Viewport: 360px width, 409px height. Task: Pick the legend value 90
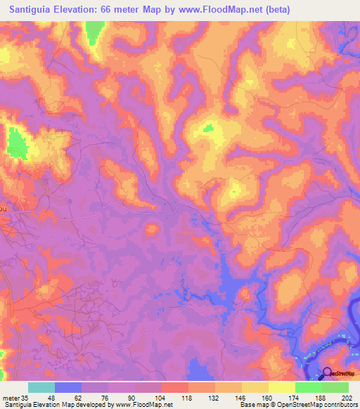pos(131,398)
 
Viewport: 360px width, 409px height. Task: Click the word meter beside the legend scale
pos(11,398)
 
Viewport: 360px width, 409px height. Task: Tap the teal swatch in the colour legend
pos(41,387)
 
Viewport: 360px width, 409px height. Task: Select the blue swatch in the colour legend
pos(67,387)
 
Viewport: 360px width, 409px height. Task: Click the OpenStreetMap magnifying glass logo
pos(328,375)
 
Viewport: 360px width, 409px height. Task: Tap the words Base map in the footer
pos(251,405)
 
